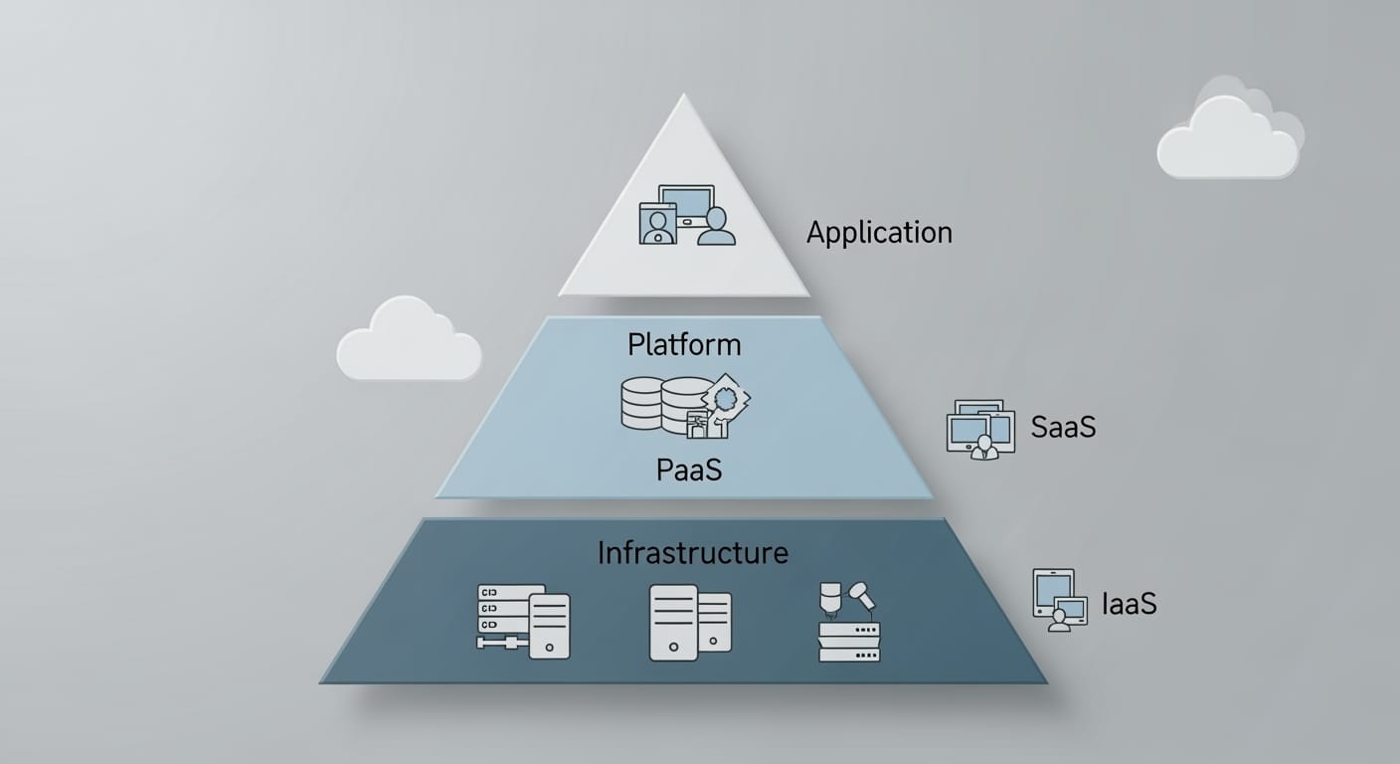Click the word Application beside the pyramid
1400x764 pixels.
(879, 234)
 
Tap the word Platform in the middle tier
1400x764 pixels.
(684, 345)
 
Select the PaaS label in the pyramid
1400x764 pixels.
(689, 469)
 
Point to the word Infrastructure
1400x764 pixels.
(692, 553)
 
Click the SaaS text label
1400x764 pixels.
(1063, 427)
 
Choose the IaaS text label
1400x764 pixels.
(1130, 604)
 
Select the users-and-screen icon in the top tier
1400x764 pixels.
(687, 216)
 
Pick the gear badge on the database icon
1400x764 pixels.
(725, 398)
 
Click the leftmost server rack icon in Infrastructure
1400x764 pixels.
(523, 621)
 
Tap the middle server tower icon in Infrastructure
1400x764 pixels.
(690, 623)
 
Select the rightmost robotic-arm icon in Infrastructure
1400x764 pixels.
(848, 623)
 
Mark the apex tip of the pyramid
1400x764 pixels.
(683, 95)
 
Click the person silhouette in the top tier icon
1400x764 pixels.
(716, 228)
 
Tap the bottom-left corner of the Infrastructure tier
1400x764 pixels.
(322, 681)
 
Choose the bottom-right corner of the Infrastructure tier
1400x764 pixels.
(1045, 682)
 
